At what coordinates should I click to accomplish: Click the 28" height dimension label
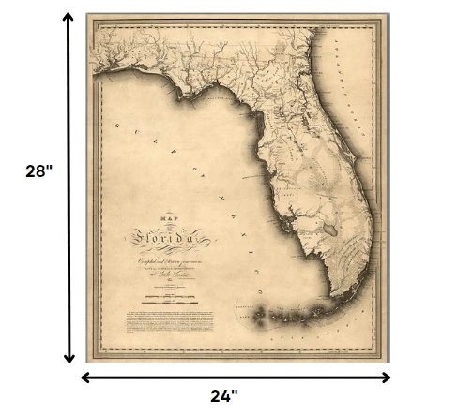(x=37, y=172)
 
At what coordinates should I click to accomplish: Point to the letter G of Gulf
(x=117, y=125)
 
